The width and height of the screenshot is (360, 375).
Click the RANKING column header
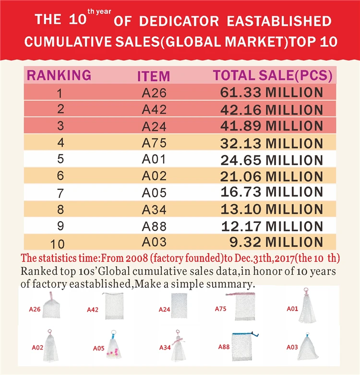pos(59,75)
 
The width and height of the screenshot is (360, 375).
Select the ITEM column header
pos(154,76)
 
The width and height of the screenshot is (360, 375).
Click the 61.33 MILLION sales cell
pos(272,92)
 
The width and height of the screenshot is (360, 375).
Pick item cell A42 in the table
pos(154,109)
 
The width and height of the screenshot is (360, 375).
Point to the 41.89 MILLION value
pos(272,126)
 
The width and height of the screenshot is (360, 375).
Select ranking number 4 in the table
pos(60,142)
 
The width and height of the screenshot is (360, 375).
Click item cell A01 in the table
pos(154,159)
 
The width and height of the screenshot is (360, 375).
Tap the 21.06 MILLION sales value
pos(272,176)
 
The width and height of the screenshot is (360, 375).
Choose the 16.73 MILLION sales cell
pos(272,192)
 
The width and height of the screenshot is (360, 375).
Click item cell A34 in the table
pos(154,209)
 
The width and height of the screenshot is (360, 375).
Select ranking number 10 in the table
pos(60,243)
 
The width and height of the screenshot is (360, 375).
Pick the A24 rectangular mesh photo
pos(179,305)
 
